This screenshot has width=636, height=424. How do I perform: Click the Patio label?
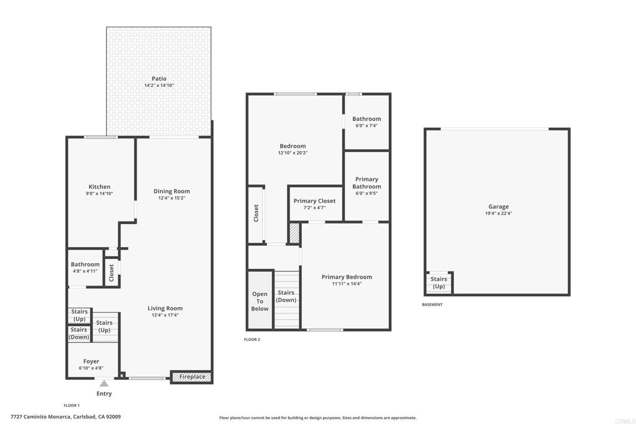[159, 79]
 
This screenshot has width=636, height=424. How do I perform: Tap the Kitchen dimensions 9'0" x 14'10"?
[99, 194]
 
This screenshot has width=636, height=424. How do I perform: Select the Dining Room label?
[171, 191]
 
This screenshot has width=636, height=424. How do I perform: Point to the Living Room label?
[165, 309]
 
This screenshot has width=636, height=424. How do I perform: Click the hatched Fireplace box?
[191, 377]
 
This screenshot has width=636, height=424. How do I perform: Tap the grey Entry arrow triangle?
[104, 384]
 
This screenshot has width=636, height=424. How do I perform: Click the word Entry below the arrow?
[104, 394]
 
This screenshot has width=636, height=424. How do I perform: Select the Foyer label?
[91, 361]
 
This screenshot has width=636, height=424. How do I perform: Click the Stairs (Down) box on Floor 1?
[79, 333]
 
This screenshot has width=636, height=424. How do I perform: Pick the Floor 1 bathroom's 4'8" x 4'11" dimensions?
[85, 271]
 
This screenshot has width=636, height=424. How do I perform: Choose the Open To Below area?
[260, 300]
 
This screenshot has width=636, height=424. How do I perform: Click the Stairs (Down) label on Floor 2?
[286, 296]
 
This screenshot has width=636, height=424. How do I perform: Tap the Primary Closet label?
[315, 201]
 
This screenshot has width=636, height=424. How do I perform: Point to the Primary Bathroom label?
[366, 183]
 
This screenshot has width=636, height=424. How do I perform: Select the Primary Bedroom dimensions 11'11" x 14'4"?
[347, 284]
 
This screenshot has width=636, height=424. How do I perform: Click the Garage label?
[499, 207]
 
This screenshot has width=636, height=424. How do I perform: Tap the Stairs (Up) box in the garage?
[439, 282]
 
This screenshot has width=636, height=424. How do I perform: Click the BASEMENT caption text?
[432, 304]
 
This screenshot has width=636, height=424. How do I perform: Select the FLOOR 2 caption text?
[252, 340]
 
